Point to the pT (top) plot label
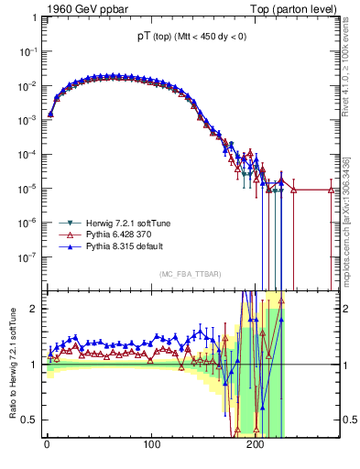point(190,36)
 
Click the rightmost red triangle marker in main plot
point(332,190)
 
